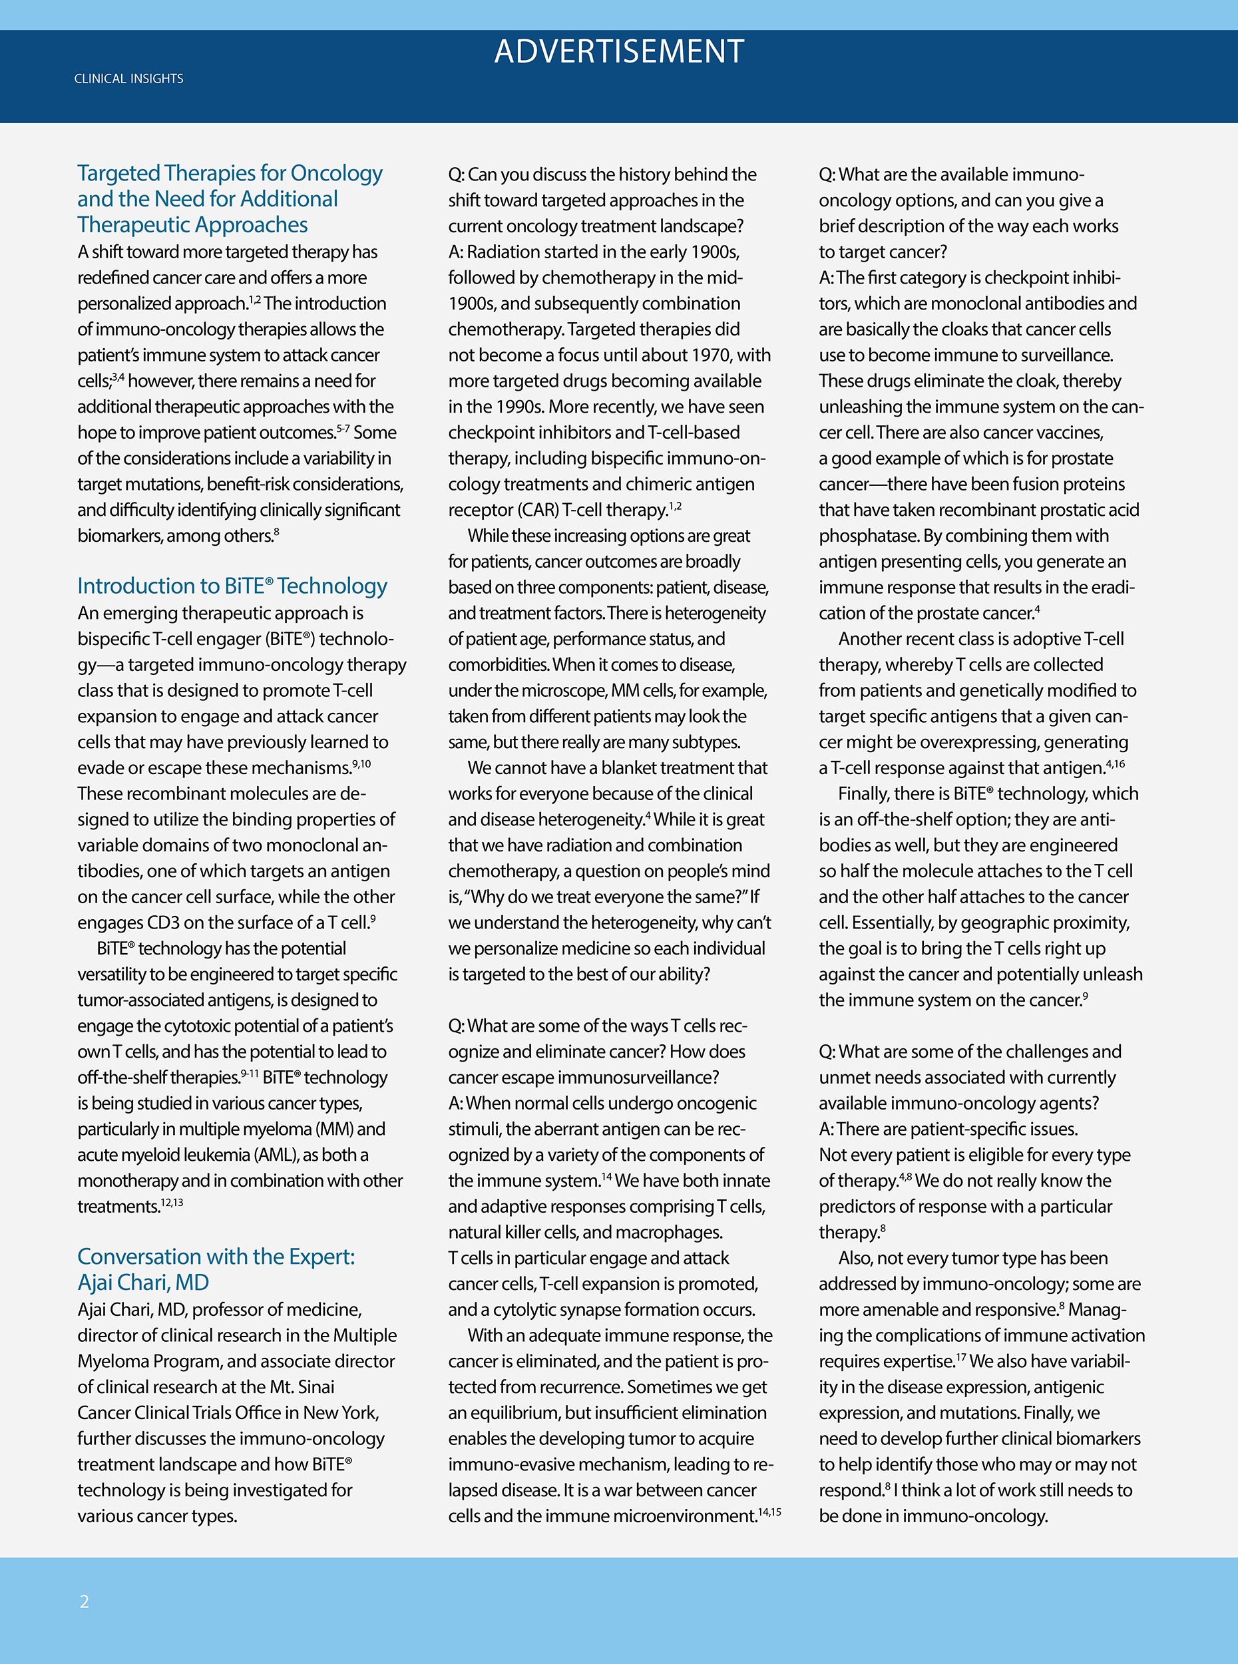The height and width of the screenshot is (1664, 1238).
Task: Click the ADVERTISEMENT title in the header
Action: (619, 52)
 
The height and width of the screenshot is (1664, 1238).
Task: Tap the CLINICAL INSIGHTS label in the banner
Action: (129, 79)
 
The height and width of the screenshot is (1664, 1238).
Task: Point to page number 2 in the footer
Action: (85, 1602)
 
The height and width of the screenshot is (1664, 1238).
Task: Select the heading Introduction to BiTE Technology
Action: (232, 586)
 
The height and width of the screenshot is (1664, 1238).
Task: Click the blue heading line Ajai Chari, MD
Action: (143, 1283)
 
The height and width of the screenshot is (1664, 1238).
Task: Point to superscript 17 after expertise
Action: (960, 1356)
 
